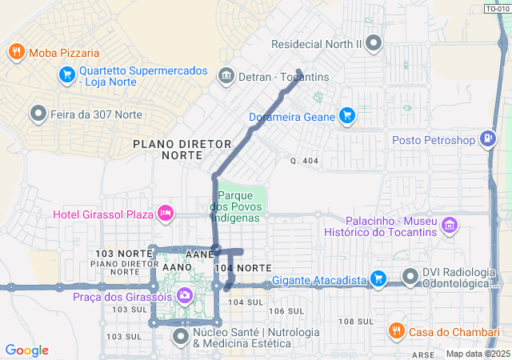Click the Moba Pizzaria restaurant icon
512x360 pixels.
click(x=16, y=53)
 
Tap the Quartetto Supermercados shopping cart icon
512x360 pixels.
click(x=67, y=76)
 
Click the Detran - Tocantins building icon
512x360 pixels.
click(x=226, y=76)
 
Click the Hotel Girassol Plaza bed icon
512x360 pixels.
click(x=165, y=214)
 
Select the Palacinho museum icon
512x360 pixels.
click(x=450, y=226)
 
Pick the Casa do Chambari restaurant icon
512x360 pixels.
click(x=395, y=330)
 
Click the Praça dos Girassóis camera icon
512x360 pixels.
click(x=185, y=297)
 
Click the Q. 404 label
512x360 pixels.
click(x=305, y=161)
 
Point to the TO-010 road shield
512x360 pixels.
click(x=497, y=9)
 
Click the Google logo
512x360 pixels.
click(x=27, y=350)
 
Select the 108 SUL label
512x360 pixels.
click(x=356, y=321)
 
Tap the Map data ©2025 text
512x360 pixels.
click(x=478, y=354)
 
